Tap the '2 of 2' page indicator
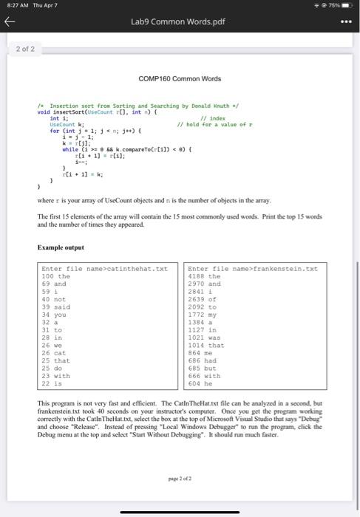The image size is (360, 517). pos(26,49)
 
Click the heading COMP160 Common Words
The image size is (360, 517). pos(180,79)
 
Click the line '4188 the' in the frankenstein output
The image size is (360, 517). pos(205,275)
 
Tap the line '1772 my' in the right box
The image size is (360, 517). pos(203,314)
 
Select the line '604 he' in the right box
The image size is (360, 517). pos(202,383)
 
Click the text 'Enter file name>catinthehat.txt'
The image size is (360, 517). pos(94,268)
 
